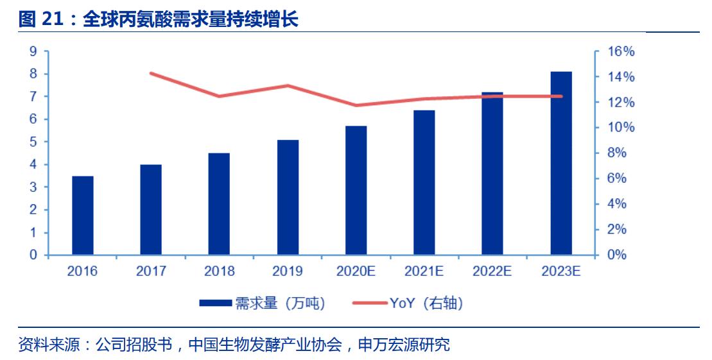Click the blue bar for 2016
point(82,216)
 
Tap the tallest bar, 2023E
point(560,164)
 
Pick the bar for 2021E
point(424,183)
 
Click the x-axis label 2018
point(219,271)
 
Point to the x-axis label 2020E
point(356,271)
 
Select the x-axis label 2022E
point(492,271)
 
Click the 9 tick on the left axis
point(33,51)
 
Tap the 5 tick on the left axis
point(33,142)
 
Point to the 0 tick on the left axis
point(33,255)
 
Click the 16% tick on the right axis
point(621,51)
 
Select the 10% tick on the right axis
point(621,128)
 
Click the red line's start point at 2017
point(151,73)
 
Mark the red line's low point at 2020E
point(356,105)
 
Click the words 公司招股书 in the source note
point(134,345)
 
